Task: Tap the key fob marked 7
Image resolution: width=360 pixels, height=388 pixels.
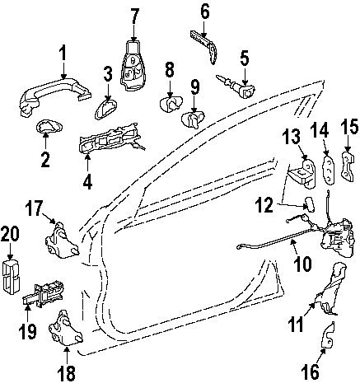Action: pos(133,66)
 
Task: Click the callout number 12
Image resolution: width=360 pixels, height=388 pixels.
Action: pos(264,205)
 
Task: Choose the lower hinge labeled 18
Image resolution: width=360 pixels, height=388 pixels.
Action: pos(66,328)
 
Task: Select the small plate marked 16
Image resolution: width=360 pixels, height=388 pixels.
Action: pos(329,334)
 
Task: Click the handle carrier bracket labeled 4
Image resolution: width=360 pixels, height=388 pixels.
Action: pos(110,138)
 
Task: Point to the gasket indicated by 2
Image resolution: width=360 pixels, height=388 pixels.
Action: pos(49,127)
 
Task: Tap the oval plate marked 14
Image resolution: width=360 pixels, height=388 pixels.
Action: pos(329,170)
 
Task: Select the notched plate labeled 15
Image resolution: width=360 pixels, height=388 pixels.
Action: pos(347,166)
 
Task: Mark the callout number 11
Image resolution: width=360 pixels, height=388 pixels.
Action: pos(296,324)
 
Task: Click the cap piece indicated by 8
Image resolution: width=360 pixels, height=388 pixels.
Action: pos(171,104)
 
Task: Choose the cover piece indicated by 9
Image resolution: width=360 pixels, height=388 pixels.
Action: pos(194,119)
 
